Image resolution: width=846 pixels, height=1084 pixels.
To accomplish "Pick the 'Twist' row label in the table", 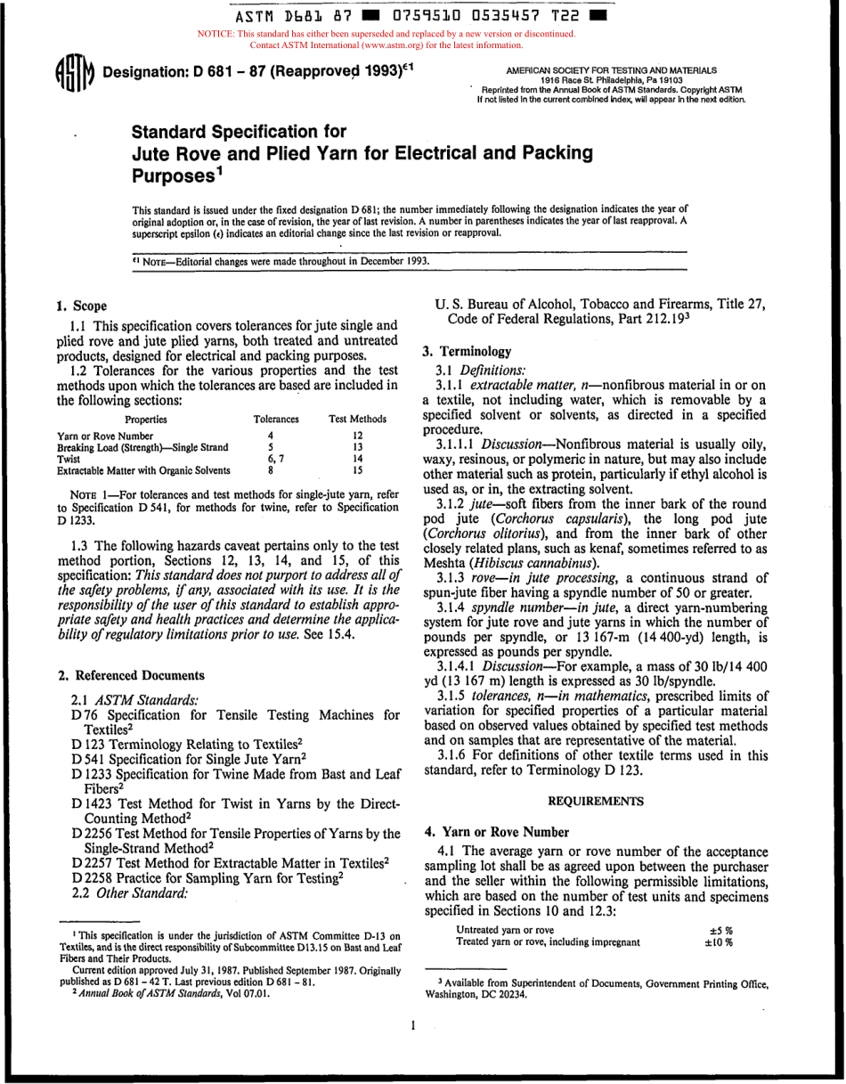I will tap(69, 458).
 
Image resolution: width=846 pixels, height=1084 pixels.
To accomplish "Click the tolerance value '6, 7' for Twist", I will tap(276, 458).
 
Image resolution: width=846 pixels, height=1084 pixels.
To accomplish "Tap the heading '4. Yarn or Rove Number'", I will tap(497, 832).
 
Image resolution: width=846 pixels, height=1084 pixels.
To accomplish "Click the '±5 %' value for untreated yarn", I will tap(719, 930).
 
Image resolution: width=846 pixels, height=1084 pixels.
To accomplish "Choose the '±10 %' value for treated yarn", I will tap(719, 941).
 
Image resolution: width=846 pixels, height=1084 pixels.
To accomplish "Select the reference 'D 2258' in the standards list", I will tap(93, 877).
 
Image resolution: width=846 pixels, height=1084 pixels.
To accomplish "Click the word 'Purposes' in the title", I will tap(173, 176).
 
